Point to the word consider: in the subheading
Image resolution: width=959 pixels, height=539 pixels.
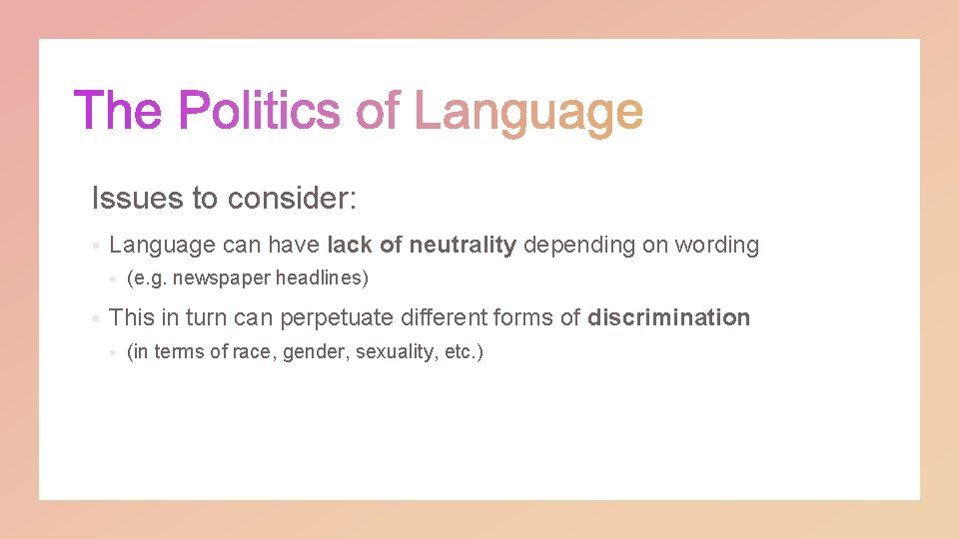click(x=291, y=198)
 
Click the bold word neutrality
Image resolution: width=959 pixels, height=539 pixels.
click(x=463, y=245)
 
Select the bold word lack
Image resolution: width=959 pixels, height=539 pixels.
click(x=349, y=245)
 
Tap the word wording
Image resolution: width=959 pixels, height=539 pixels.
click(x=716, y=245)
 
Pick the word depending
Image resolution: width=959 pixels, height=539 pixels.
click(x=578, y=246)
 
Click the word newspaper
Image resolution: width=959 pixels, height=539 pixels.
click(x=221, y=277)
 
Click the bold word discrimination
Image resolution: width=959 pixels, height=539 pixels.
click(x=668, y=317)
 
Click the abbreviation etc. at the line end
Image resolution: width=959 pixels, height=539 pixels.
click(x=462, y=352)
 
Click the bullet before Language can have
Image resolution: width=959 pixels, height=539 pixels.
click(x=93, y=246)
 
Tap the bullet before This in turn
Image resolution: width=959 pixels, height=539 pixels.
click(x=93, y=318)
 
